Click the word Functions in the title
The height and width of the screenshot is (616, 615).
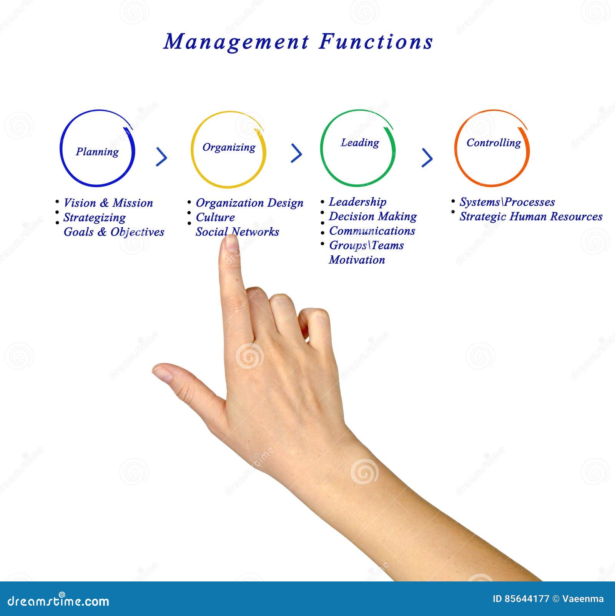click(376, 42)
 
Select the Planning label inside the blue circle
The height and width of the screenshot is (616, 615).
click(97, 152)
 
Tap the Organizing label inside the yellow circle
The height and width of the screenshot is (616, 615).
click(229, 147)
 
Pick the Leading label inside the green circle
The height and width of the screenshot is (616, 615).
click(360, 143)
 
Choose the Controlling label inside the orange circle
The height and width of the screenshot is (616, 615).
click(494, 143)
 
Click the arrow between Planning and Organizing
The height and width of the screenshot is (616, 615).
click(162, 157)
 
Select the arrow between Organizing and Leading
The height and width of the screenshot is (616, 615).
click(296, 153)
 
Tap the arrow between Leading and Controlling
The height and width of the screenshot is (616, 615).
click(427, 157)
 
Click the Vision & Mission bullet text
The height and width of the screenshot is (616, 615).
click(108, 203)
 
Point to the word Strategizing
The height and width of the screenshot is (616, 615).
click(94, 217)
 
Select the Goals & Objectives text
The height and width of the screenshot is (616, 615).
click(114, 232)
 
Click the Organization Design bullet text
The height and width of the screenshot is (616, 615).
click(249, 203)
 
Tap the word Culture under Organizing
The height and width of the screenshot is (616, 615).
click(215, 217)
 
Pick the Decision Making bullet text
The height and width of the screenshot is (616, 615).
click(373, 217)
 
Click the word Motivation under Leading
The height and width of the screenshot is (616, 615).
click(357, 260)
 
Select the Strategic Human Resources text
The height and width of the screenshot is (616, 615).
click(531, 217)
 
